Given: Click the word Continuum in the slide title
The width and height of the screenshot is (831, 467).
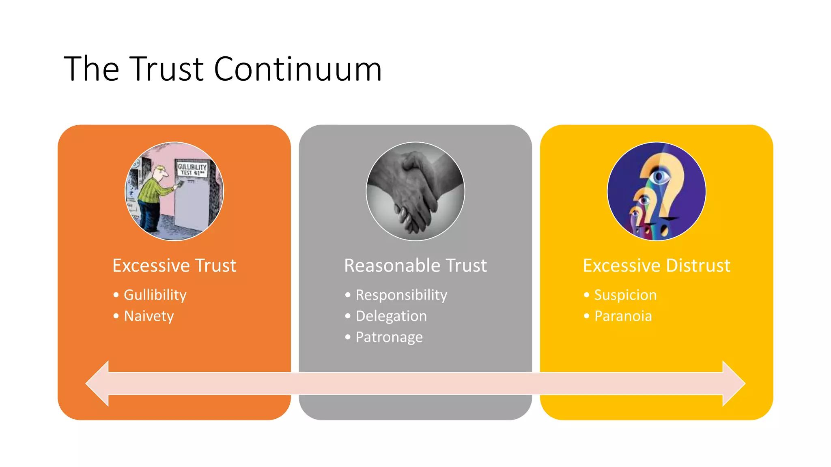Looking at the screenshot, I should point(297,69).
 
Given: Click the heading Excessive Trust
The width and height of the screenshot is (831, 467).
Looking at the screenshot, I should point(174,266).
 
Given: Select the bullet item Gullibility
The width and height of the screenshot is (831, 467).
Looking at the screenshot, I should point(155,295).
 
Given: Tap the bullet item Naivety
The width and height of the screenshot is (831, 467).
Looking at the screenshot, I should point(149,316).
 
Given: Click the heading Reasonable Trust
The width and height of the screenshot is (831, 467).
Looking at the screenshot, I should point(415,266).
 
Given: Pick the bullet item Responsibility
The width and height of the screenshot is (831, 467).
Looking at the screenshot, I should point(401,295).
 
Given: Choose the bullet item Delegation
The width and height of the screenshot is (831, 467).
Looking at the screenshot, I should point(391,316).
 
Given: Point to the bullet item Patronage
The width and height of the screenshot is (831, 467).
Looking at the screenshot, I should point(389,337).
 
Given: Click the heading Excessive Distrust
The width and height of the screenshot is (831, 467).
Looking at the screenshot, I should point(656,266).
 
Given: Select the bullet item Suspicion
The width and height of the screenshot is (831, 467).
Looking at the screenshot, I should point(625,295).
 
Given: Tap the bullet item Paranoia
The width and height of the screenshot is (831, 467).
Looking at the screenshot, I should point(623,316).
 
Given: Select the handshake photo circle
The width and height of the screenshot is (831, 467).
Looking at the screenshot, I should point(415,191).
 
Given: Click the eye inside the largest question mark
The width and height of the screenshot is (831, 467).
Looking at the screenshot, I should point(660,176).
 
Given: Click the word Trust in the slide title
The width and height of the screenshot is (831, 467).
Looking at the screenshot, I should point(168,69).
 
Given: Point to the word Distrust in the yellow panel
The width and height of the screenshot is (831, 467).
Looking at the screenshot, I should point(698,266).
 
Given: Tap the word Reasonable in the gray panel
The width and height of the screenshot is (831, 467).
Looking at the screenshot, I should point(392,266).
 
